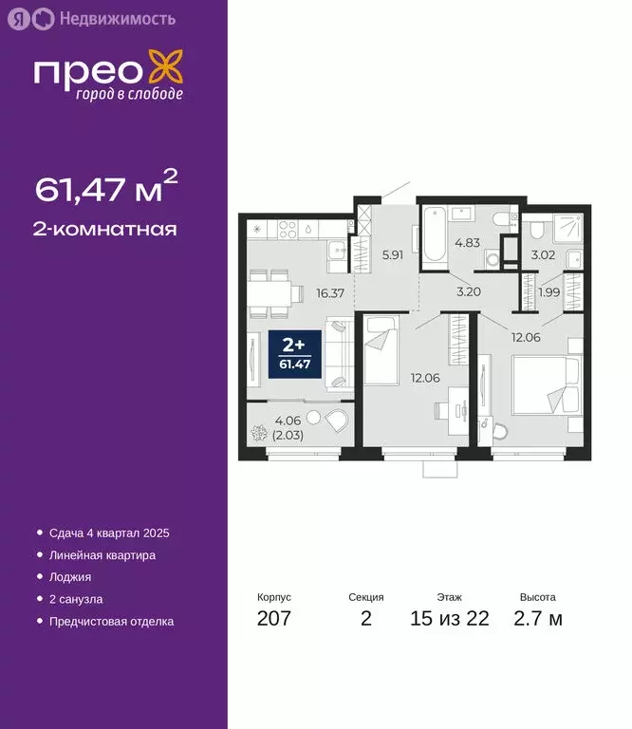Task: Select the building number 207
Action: (x=273, y=620)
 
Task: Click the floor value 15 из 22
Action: (x=449, y=620)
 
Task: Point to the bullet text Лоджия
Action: (x=72, y=577)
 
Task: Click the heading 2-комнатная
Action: (x=105, y=229)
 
